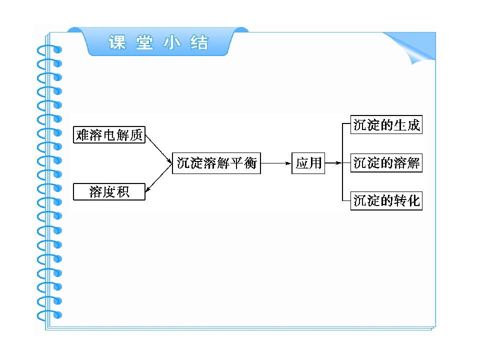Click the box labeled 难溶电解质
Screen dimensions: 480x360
[x=109, y=134]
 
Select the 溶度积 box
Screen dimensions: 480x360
[x=109, y=191]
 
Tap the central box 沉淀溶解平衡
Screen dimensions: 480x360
[x=216, y=163]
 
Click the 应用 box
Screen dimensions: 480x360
[x=308, y=163]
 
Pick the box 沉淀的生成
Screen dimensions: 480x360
[x=386, y=124]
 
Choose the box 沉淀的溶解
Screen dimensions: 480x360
[x=386, y=163]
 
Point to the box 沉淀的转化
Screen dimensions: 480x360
[x=386, y=201]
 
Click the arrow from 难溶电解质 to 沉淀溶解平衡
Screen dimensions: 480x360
[x=158, y=149]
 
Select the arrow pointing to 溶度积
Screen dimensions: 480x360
[x=158, y=178]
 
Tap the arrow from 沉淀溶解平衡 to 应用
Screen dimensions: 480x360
[x=276, y=163]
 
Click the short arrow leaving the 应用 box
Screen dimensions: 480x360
[x=333, y=163]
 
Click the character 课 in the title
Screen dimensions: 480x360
[x=117, y=42]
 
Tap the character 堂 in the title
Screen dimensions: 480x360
[x=144, y=42]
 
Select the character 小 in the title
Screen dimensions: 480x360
[x=171, y=42]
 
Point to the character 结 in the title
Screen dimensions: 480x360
[x=199, y=42]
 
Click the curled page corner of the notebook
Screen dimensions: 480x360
[x=415, y=49]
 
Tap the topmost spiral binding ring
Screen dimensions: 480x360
[x=49, y=49]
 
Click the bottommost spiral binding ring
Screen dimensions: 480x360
[x=49, y=315]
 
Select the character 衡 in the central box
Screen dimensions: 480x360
[x=250, y=163]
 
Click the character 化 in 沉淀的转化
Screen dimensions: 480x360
[x=413, y=201]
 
